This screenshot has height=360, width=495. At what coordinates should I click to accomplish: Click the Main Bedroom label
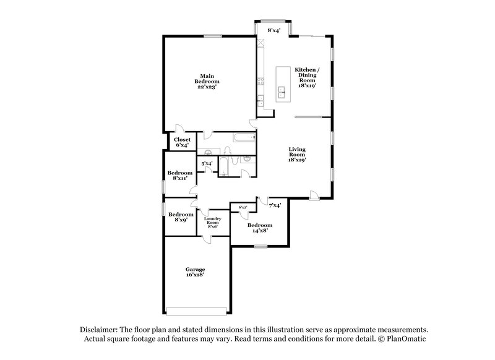click(207, 81)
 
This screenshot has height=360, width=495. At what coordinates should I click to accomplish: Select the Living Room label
click(298, 155)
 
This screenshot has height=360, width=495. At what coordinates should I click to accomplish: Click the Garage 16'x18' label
click(195, 272)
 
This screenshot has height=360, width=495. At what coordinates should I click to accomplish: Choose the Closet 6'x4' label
click(181, 143)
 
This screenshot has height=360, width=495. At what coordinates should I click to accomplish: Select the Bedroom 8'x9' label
click(180, 218)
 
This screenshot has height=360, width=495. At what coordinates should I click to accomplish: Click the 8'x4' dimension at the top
click(274, 30)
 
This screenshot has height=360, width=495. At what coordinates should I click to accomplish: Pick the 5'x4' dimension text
click(207, 163)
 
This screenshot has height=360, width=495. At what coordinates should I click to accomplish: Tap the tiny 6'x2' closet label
click(243, 207)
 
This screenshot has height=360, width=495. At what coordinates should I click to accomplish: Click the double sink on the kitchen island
click(282, 93)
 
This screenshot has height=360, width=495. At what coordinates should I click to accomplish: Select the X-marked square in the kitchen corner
click(262, 44)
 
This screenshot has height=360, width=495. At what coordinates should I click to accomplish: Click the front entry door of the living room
click(315, 196)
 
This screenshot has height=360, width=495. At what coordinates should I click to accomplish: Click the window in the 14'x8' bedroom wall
click(260, 247)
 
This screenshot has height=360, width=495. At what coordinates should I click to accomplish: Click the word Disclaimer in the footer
click(100, 330)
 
